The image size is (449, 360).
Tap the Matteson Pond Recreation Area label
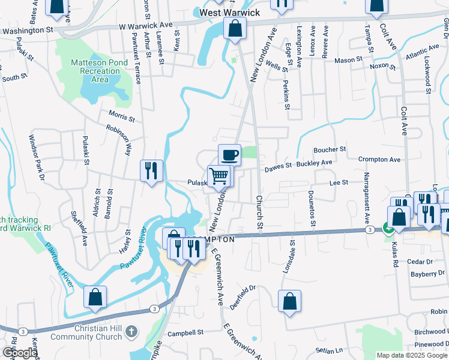(97, 71)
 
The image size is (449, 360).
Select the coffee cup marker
(229, 155)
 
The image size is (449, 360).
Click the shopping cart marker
(219, 176)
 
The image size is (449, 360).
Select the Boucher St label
(330, 149)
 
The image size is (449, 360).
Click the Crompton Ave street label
(379, 160)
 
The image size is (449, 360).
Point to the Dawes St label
(278, 165)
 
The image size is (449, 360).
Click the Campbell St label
(186, 332)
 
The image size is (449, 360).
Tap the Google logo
(20, 353)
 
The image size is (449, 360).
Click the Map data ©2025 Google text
(412, 355)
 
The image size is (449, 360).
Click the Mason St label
(349, 60)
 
